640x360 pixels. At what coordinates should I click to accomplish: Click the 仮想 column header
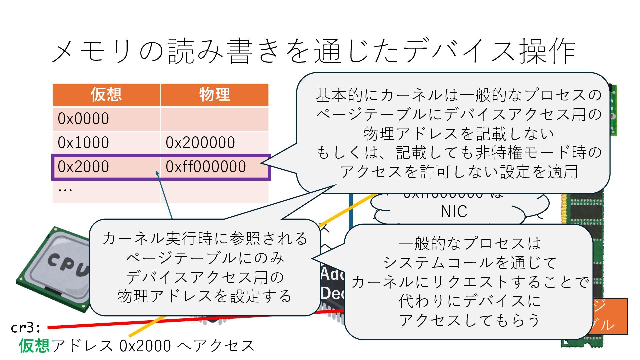[106, 95]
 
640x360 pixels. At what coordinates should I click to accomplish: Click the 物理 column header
[214, 95]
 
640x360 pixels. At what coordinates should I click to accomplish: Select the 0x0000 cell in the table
[83, 119]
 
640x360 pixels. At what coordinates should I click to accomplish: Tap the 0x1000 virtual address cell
[83, 143]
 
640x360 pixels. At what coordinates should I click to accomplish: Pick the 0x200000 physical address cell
[200, 143]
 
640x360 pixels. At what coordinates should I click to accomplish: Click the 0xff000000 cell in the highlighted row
[206, 167]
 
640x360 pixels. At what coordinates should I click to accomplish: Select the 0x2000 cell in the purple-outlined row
[83, 167]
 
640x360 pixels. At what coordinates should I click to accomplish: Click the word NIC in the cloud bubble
[454, 212]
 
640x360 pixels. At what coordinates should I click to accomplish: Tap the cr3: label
[26, 328]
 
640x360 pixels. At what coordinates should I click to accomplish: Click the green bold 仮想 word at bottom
[34, 346]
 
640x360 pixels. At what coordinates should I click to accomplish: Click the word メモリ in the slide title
[92, 52]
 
